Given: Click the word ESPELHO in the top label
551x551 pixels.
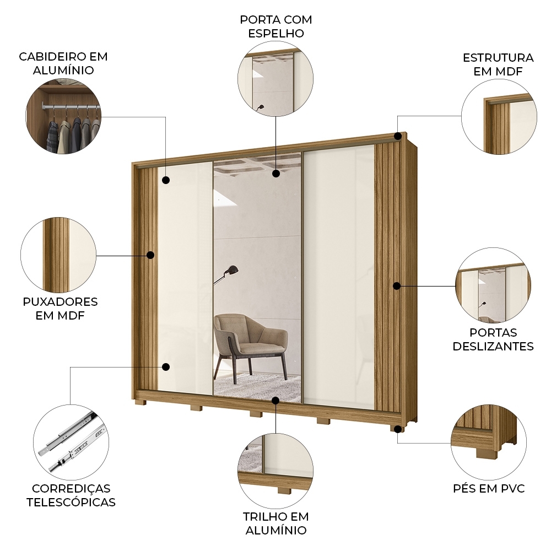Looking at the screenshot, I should (x=275, y=33).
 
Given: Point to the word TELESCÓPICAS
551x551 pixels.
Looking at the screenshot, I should (x=71, y=503).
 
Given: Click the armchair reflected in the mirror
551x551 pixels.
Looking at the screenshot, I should (x=251, y=344).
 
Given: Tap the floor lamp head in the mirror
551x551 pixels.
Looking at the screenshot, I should (x=234, y=269).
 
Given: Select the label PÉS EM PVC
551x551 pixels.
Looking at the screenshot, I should (x=489, y=489).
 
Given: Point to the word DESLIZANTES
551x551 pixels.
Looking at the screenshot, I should (x=493, y=347).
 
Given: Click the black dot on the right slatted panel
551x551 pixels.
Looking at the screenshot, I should (x=397, y=285).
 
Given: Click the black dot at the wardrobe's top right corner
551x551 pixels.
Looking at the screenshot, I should (x=397, y=136).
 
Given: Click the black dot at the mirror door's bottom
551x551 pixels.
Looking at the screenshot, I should (x=275, y=400).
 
